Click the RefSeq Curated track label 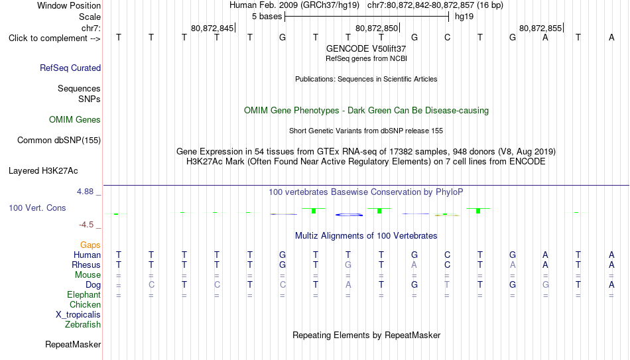click(70, 68)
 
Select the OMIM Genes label click(75, 120)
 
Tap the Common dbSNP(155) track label click(59, 141)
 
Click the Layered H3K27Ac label click(43, 171)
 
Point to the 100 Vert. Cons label click(37, 208)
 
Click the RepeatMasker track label click(73, 344)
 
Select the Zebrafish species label click(83, 324)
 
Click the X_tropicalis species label click(78, 315)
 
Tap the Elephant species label click(84, 295)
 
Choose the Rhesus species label click(86, 265)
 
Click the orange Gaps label click(90, 245)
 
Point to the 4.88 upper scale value click(85, 192)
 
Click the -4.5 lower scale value click(86, 225)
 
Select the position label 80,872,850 click(377, 28)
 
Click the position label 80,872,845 click(212, 28)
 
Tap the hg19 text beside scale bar click(464, 17)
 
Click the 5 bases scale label click(267, 17)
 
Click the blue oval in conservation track click(349, 215)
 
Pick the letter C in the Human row click(447, 255)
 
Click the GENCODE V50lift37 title click(366, 48)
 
